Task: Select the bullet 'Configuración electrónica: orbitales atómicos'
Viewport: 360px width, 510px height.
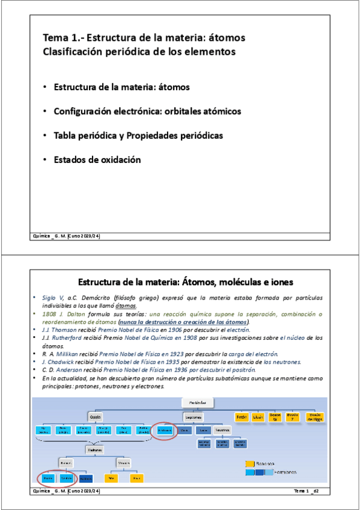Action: [147, 112]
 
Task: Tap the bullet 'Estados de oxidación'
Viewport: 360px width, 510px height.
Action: [97, 160]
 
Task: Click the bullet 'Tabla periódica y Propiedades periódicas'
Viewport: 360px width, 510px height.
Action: [138, 136]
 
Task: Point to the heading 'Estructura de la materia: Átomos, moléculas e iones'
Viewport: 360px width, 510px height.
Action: [186, 282]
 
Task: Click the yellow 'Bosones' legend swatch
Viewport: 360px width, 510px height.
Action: [250, 464]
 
